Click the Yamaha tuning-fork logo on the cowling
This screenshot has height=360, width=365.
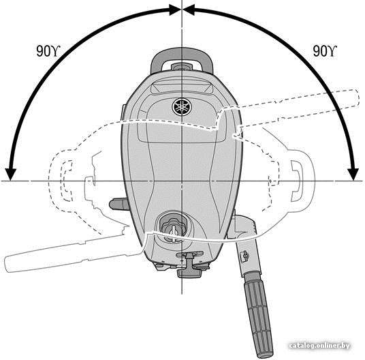(x=182, y=107)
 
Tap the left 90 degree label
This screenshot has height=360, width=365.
(x=48, y=51)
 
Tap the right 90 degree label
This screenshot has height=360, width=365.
(x=325, y=51)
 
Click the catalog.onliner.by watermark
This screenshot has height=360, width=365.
(x=319, y=346)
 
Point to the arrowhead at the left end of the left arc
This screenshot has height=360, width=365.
(x=10, y=174)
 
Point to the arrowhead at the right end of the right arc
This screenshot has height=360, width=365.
(x=353, y=174)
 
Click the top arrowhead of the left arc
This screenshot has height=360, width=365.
(x=175, y=10)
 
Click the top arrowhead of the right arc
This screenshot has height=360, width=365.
(x=189, y=10)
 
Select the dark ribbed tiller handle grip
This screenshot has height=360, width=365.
(x=258, y=314)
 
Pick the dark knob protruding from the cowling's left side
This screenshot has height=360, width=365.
(x=118, y=204)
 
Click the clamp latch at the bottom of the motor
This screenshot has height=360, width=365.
(x=189, y=265)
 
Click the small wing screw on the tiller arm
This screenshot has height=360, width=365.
(x=245, y=256)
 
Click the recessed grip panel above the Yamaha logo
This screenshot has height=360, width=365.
(x=182, y=88)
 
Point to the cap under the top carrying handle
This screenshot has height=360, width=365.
(x=182, y=67)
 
